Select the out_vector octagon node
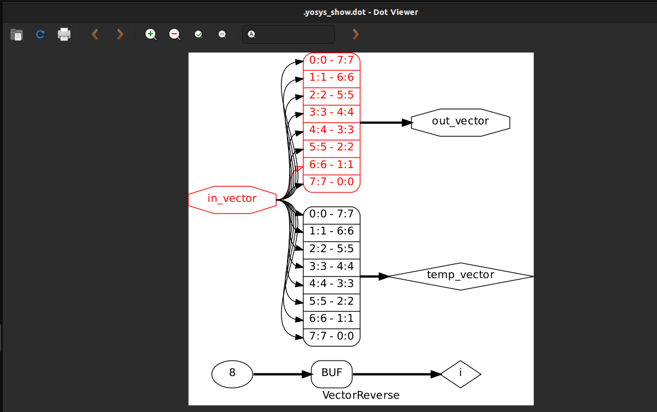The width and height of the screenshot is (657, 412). click(x=460, y=122)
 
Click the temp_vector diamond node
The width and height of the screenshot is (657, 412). click(x=461, y=275)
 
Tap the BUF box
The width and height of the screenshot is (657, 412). click(x=332, y=374)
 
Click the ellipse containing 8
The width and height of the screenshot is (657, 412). click(x=232, y=374)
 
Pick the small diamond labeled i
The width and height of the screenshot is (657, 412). click(x=461, y=374)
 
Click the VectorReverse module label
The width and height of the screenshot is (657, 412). click(x=361, y=395)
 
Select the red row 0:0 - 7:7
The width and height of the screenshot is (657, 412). click(x=332, y=61)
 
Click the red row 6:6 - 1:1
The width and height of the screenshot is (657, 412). click(x=332, y=165)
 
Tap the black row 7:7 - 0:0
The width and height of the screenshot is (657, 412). click(x=332, y=337)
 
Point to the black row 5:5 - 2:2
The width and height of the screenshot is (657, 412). click(x=332, y=302)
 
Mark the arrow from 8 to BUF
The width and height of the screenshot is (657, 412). click(x=282, y=374)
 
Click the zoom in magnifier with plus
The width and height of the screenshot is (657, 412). click(x=150, y=34)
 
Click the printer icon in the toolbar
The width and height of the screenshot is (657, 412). click(x=64, y=34)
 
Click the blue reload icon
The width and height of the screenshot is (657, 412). click(x=40, y=34)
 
